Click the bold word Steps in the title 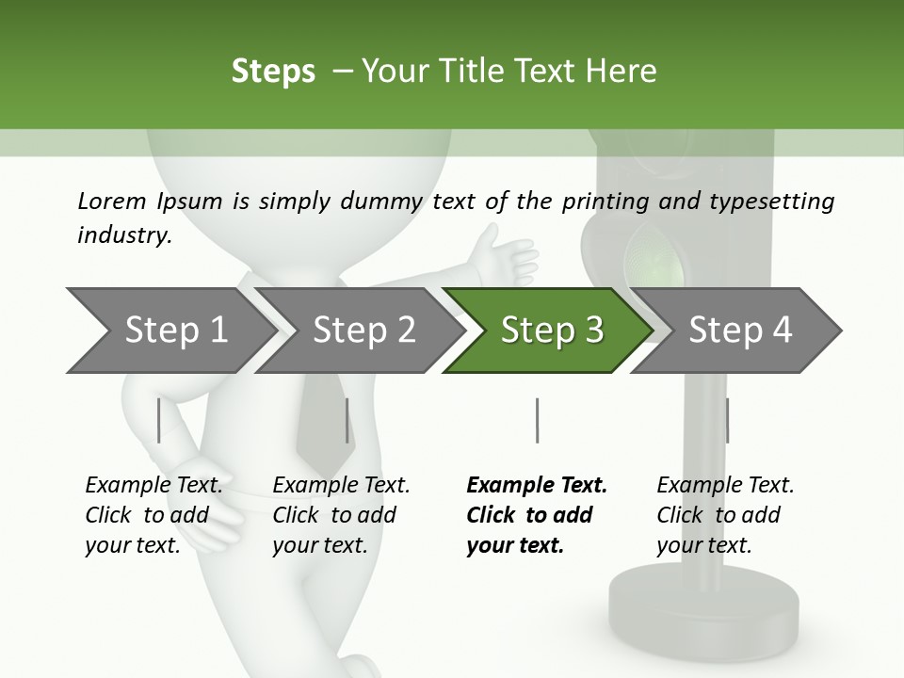click(x=273, y=72)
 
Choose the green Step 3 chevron click(x=551, y=331)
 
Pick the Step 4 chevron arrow click(x=739, y=331)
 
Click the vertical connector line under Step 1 click(x=159, y=420)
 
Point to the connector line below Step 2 click(x=347, y=420)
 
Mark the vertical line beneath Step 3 click(x=537, y=420)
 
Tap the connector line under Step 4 click(x=727, y=420)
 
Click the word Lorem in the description click(x=112, y=202)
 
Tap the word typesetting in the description click(x=777, y=202)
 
